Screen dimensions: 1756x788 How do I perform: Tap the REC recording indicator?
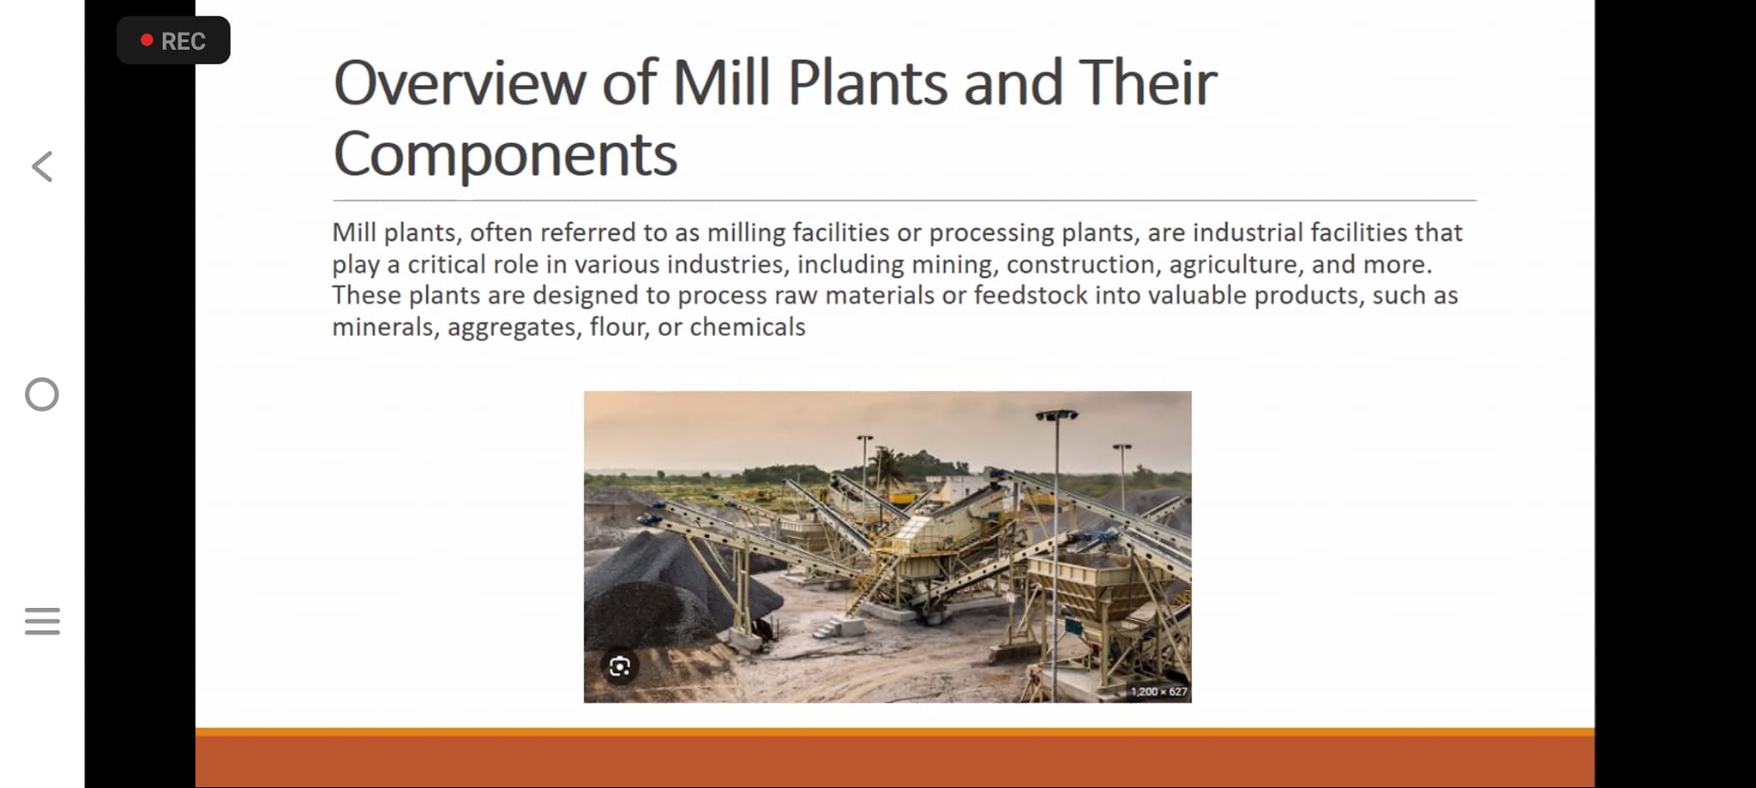[173, 40]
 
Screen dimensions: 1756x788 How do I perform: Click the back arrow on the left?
[42, 166]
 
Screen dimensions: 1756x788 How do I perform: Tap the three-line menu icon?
[42, 621]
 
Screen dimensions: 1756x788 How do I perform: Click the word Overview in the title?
[460, 83]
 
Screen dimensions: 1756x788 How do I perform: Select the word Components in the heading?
[505, 155]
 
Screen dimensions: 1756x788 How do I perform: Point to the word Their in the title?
[1147, 83]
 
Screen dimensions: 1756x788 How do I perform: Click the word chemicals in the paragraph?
[748, 327]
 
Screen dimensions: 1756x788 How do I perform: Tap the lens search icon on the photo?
[620, 666]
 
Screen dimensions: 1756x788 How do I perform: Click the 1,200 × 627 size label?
[1158, 691]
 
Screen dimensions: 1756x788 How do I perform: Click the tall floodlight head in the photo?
[1056, 415]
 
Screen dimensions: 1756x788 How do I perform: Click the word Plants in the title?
[868, 83]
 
